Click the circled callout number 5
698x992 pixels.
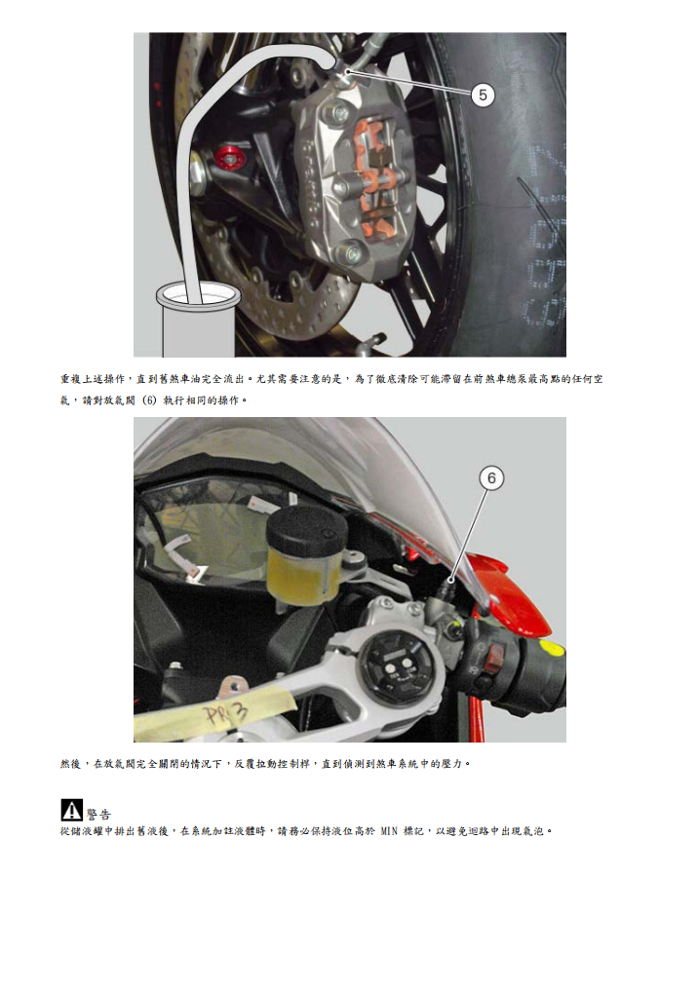484,95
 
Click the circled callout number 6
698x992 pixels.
491,477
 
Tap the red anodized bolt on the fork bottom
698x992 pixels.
229,156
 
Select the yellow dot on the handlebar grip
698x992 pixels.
551,648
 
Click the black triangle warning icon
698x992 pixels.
71,809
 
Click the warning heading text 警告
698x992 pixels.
98,814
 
